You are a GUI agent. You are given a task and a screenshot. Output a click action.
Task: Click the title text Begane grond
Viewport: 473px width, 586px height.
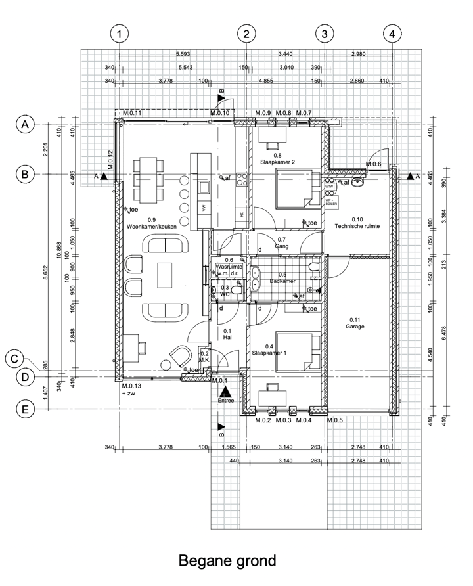coord(227,562)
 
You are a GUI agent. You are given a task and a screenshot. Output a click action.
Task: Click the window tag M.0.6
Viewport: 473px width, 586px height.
coord(374,164)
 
